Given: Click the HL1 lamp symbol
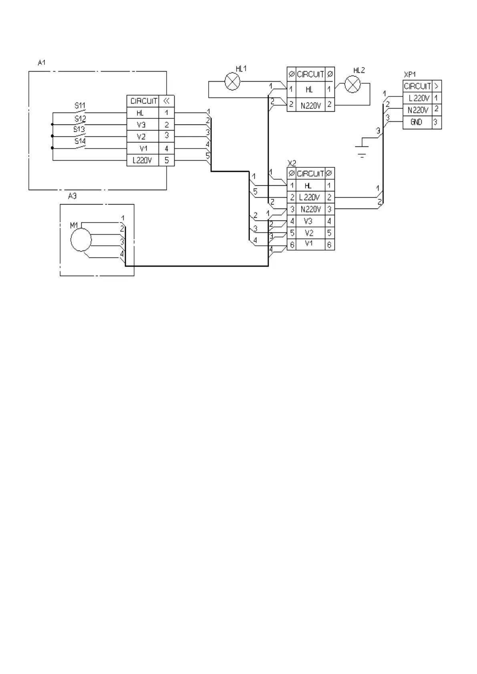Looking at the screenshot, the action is (x=232, y=82).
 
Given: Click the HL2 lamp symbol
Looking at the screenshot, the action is (x=352, y=84).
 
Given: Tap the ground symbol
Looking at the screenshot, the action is (x=362, y=150).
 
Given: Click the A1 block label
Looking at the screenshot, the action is (x=42, y=62).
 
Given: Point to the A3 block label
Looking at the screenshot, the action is (x=72, y=196).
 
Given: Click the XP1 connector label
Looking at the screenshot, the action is (x=410, y=75).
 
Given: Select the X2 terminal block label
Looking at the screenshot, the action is (x=292, y=163).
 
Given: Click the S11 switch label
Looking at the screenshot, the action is (x=80, y=106).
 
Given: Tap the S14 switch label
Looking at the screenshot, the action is (x=79, y=141).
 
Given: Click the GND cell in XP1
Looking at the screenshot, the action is (x=417, y=122).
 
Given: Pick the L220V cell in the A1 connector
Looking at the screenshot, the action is (x=142, y=161).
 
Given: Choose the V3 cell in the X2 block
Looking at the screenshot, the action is (x=308, y=221).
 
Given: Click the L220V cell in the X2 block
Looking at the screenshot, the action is (x=309, y=197).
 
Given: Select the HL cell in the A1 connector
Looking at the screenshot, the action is (x=140, y=113).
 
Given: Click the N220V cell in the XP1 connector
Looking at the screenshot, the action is (x=417, y=110).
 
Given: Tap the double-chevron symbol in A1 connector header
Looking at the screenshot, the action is (x=167, y=101).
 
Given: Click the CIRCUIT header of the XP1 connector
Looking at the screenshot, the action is (x=417, y=86).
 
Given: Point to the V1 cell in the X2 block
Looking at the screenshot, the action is (x=308, y=244).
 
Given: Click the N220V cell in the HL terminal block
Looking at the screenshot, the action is (x=310, y=106).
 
